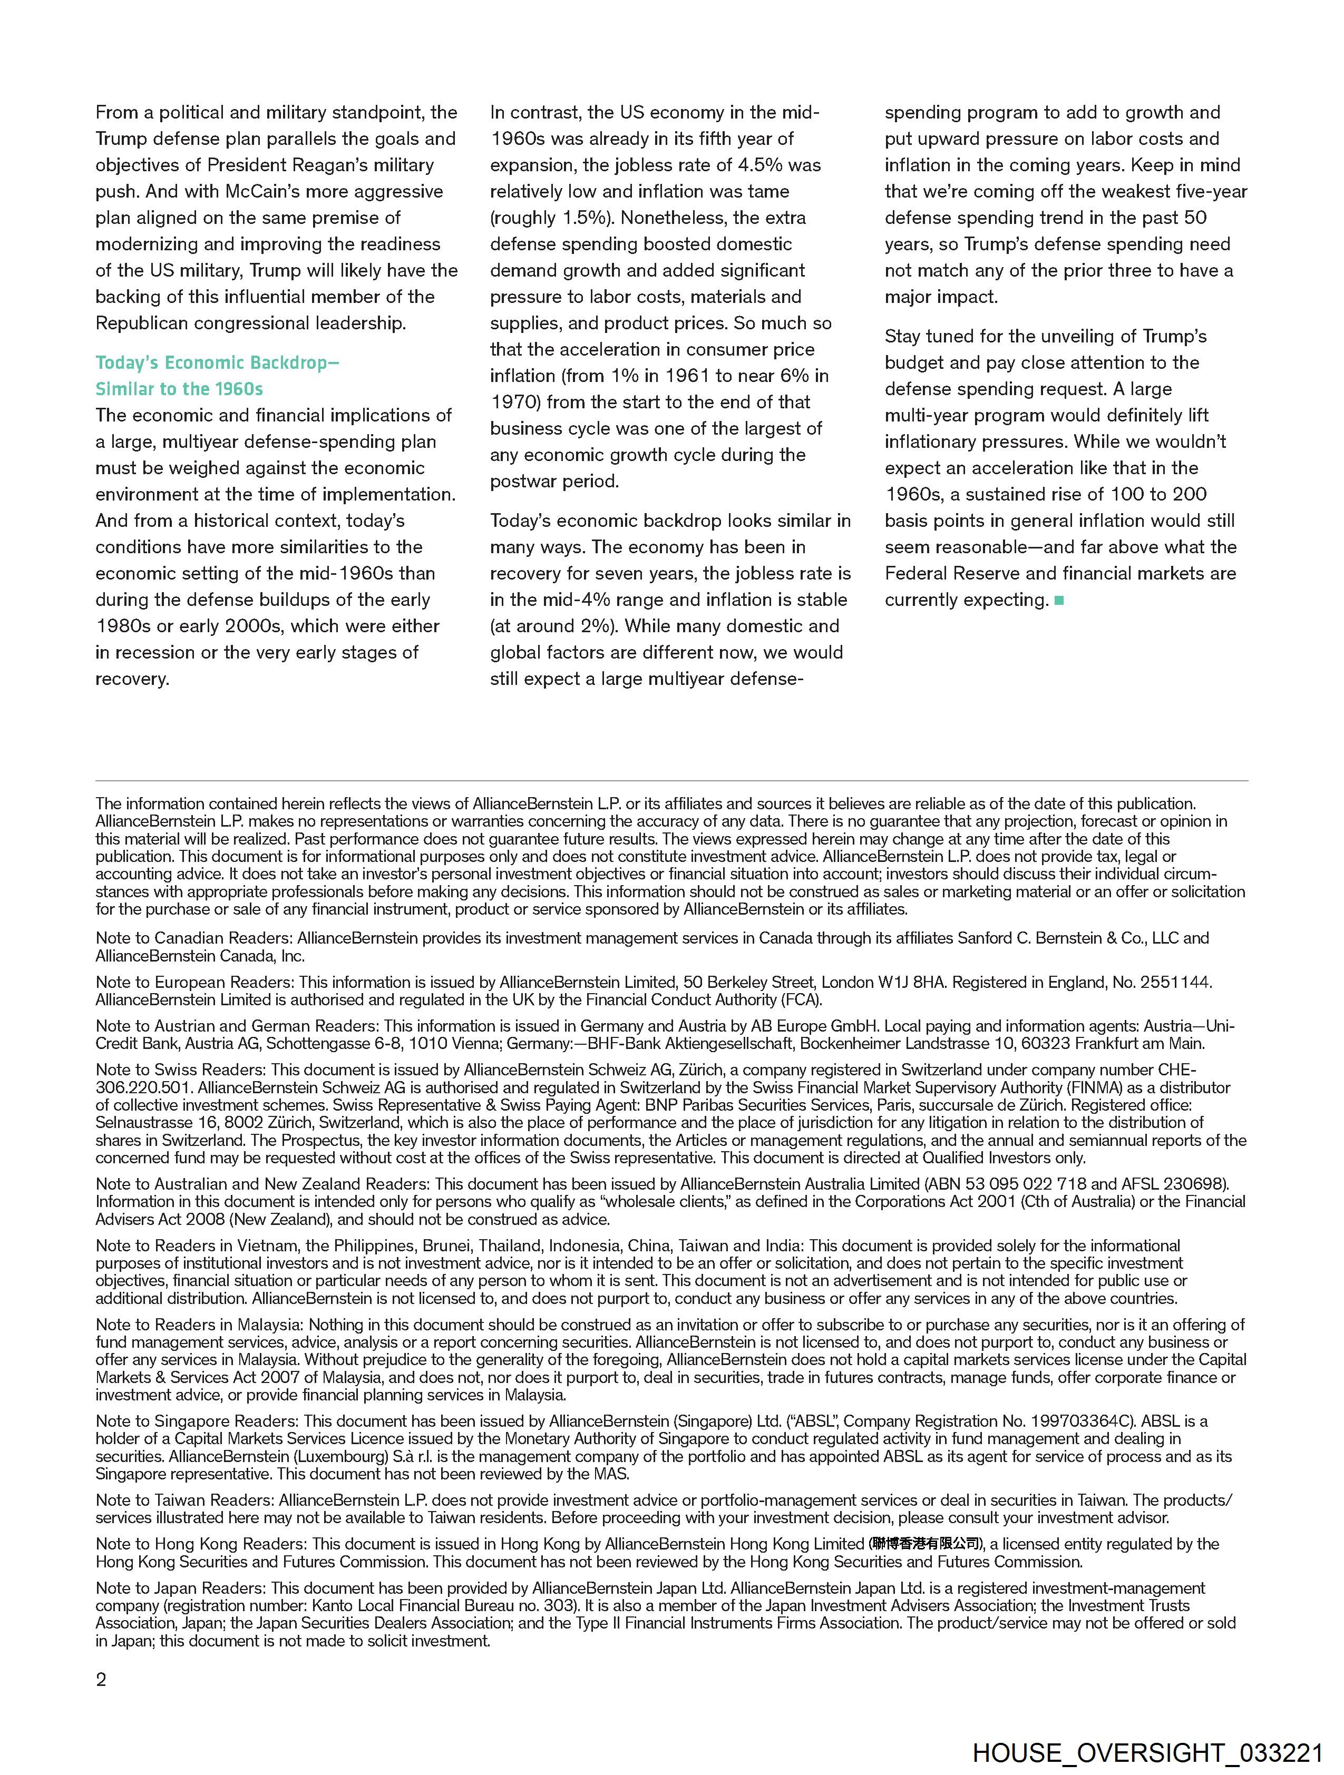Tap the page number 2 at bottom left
tap(101, 1680)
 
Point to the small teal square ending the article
tap(1059, 600)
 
